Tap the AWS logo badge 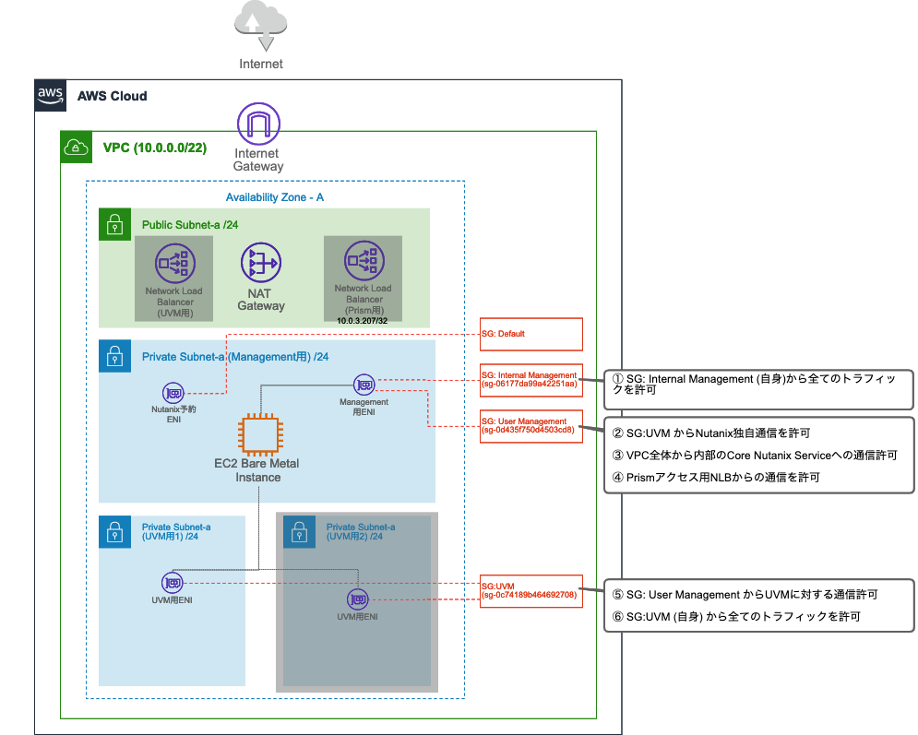click(x=50, y=95)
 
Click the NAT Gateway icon click(x=260, y=264)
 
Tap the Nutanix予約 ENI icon click(x=173, y=392)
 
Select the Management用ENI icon click(x=364, y=384)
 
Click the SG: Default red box click(x=531, y=334)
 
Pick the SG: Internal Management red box click(x=531, y=380)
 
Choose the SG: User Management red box click(x=531, y=425)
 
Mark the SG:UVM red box click(x=531, y=590)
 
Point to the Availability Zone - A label click(x=275, y=197)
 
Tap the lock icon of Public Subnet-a click(x=114, y=224)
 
